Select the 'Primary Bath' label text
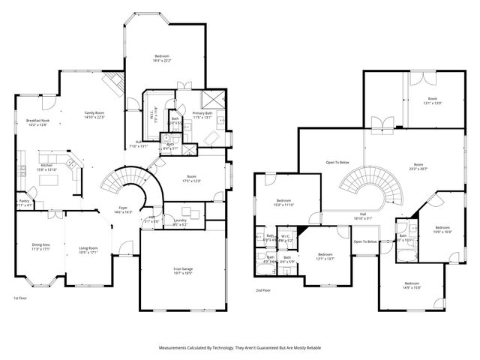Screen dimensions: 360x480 [x=203, y=113]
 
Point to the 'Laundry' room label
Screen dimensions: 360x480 [x=179, y=220]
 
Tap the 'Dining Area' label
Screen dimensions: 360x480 [x=40, y=244]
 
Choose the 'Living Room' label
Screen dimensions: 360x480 [x=88, y=248]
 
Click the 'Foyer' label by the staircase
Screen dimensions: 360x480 [x=122, y=208]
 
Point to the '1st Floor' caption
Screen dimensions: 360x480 [x=20, y=298]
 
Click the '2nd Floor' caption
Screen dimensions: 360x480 [x=262, y=290]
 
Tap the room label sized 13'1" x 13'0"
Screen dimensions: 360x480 [x=433, y=103]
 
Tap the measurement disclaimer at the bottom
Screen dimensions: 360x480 [x=239, y=348]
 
